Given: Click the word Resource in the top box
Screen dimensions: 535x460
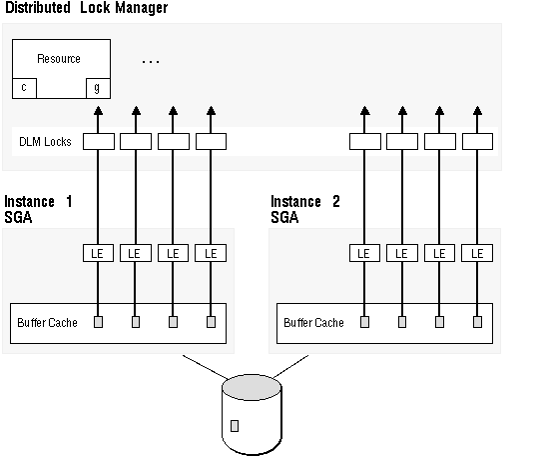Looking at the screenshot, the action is click(x=59, y=59).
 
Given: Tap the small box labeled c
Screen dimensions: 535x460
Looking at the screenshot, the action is click(x=24, y=88).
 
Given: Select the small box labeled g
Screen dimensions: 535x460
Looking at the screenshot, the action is click(x=98, y=88).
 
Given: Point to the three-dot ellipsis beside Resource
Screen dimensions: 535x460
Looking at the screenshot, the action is click(x=151, y=62).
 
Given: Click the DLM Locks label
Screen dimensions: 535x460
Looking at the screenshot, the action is click(x=45, y=142).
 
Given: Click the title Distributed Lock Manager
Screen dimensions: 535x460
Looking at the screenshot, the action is click(x=87, y=8).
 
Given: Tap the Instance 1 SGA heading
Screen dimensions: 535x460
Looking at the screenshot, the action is click(x=38, y=209).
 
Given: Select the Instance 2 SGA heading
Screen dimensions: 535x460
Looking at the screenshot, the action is click(x=305, y=209).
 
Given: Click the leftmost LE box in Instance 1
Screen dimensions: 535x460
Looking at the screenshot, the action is click(x=98, y=253).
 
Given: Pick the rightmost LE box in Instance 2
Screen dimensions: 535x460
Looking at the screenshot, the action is click(x=477, y=253).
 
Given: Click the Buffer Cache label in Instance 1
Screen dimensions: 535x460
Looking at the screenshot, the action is click(x=47, y=323).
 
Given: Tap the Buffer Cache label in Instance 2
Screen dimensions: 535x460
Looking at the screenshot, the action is click(x=313, y=323).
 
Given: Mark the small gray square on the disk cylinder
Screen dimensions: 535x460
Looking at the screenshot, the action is click(x=235, y=426).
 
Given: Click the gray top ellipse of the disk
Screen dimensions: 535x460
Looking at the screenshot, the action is click(x=252, y=387).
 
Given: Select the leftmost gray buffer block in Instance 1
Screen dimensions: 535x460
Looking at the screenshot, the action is click(x=98, y=322).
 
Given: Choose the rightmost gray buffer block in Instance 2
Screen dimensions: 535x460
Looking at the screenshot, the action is click(x=477, y=322).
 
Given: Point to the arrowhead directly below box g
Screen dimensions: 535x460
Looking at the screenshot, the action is click(x=98, y=111).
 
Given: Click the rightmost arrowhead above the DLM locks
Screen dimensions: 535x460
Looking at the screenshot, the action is click(x=478, y=111).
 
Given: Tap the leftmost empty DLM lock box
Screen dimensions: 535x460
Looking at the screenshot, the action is click(x=99, y=141).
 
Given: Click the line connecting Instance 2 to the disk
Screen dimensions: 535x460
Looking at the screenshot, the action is click(x=291, y=366).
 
